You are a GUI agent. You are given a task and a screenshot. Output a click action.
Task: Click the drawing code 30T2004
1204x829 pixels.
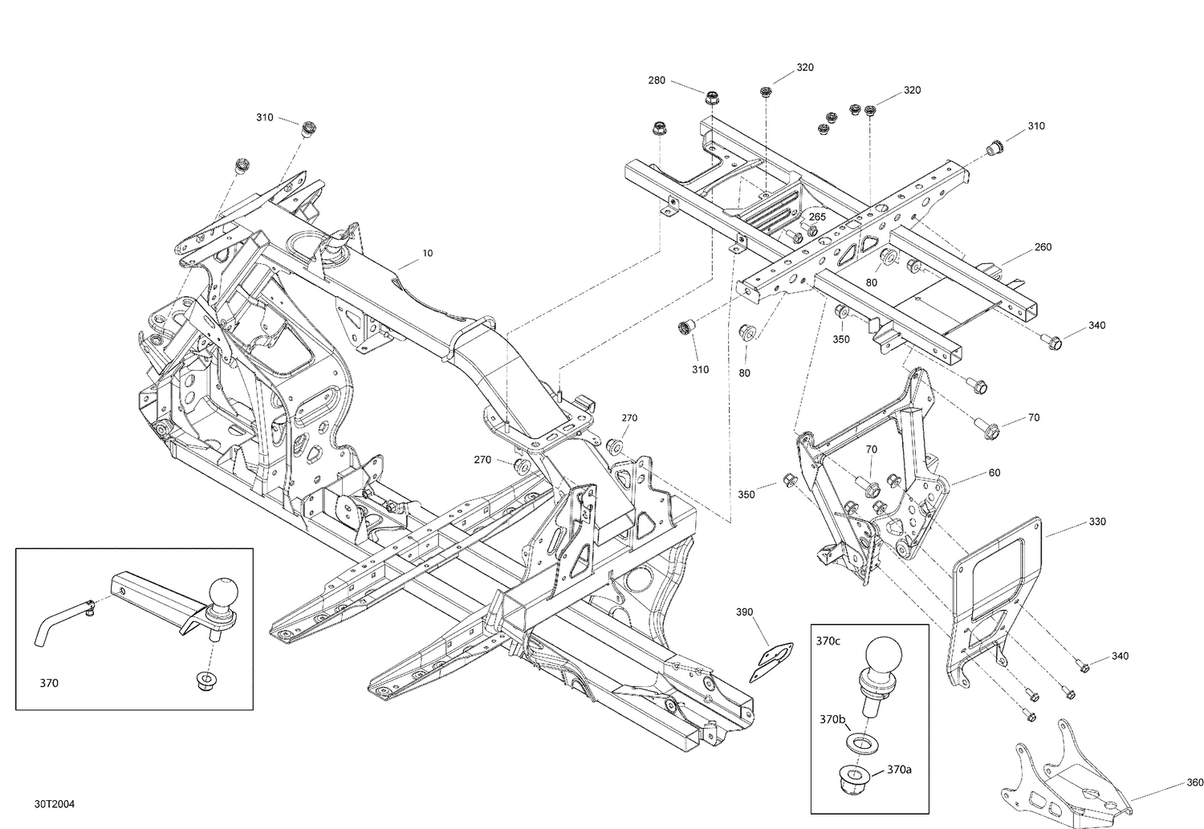click(x=55, y=804)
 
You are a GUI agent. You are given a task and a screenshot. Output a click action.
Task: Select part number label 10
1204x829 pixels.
click(x=428, y=253)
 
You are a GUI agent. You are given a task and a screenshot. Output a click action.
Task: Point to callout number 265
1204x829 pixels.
click(x=818, y=217)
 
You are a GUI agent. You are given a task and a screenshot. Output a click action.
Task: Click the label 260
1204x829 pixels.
click(x=1043, y=247)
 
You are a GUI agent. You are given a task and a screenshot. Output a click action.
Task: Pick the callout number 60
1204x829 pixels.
click(x=995, y=473)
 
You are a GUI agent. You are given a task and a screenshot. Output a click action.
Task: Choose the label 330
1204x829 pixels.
click(x=1097, y=522)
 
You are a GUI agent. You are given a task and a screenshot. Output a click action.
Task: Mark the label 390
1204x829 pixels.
click(x=744, y=612)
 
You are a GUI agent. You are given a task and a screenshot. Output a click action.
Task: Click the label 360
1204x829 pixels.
click(x=1195, y=782)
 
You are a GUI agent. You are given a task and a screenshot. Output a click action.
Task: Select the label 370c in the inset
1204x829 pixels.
click(x=828, y=641)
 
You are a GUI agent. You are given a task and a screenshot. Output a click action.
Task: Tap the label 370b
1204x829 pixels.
click(x=832, y=719)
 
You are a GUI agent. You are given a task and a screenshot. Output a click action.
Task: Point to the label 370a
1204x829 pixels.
click(x=899, y=770)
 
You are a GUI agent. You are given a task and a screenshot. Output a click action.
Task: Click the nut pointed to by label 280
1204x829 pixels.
click(x=712, y=99)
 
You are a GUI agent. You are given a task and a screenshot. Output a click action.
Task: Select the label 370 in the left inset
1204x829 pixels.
click(x=49, y=684)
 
